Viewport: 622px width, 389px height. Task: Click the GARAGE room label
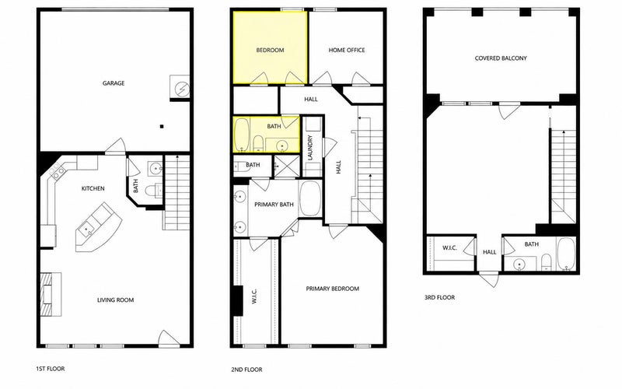click(114, 83)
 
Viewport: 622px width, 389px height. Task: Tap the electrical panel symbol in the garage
click(180, 87)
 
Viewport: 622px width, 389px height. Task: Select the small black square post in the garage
click(162, 127)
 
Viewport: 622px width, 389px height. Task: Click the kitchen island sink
click(86, 229)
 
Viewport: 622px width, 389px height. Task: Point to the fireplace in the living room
click(51, 294)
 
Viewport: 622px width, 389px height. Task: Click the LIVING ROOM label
click(115, 300)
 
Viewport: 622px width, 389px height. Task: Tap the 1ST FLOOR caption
click(50, 369)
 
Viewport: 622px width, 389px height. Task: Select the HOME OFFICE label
click(347, 50)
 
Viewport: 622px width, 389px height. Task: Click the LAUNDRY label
click(310, 148)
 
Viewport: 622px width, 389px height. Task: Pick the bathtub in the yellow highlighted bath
click(241, 135)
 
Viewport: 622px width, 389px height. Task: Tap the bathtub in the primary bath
click(310, 198)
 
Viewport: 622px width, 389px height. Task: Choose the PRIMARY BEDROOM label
click(333, 289)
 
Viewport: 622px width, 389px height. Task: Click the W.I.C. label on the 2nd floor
click(254, 296)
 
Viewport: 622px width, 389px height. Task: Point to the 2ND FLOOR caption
click(246, 370)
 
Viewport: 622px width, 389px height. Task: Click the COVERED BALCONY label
click(501, 58)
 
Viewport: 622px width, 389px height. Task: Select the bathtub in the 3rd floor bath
click(566, 254)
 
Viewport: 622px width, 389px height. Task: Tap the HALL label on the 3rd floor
click(490, 252)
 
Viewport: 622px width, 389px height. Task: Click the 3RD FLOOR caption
click(439, 297)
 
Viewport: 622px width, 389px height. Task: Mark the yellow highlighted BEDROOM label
click(270, 50)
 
